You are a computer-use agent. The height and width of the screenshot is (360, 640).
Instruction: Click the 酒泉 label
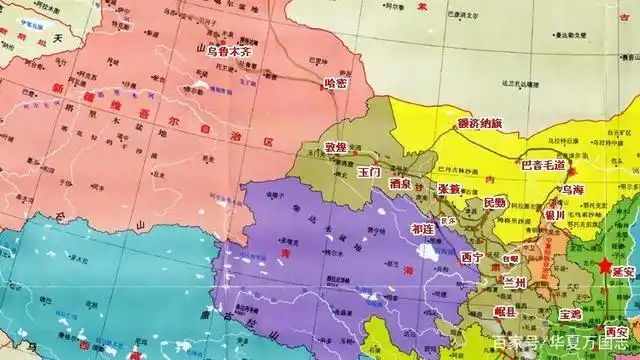(402, 185)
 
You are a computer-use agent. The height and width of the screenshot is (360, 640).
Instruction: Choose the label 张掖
(449, 187)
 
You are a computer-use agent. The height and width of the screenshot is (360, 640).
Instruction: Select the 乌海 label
(574, 189)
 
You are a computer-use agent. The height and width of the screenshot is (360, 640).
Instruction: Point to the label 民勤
(494, 202)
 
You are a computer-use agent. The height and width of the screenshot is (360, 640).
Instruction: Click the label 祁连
(423, 228)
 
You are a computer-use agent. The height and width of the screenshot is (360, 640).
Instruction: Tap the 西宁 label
(472, 257)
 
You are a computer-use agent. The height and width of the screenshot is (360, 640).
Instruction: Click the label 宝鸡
(569, 313)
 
